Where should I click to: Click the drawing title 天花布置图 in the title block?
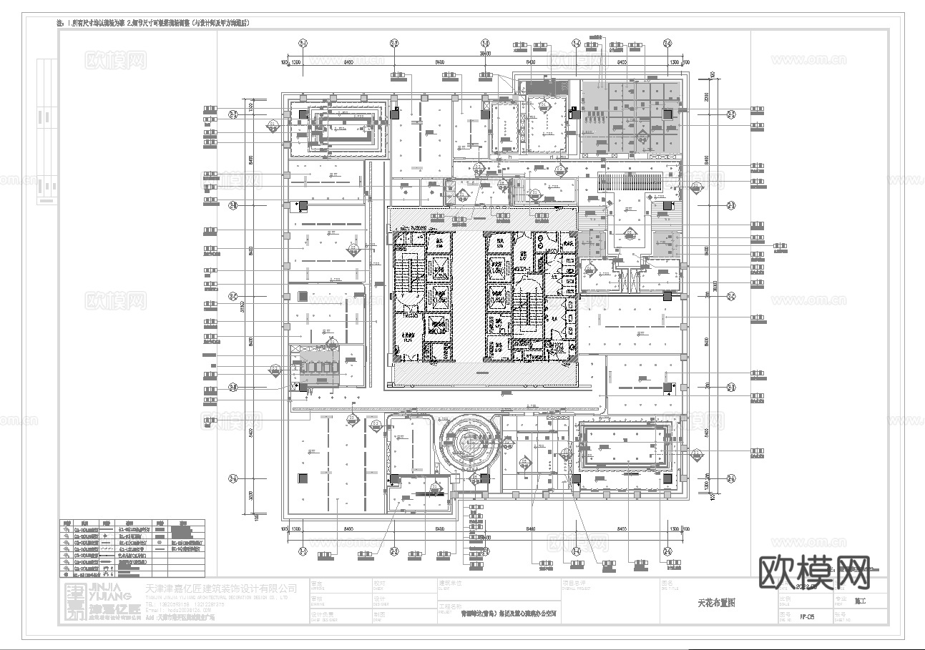[x=715, y=603]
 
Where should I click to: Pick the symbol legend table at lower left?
[x=132, y=548]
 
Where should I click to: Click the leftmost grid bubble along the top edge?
[x=303, y=44]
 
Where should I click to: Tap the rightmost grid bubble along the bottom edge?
[x=667, y=550]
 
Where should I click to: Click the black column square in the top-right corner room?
[x=667, y=114]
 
